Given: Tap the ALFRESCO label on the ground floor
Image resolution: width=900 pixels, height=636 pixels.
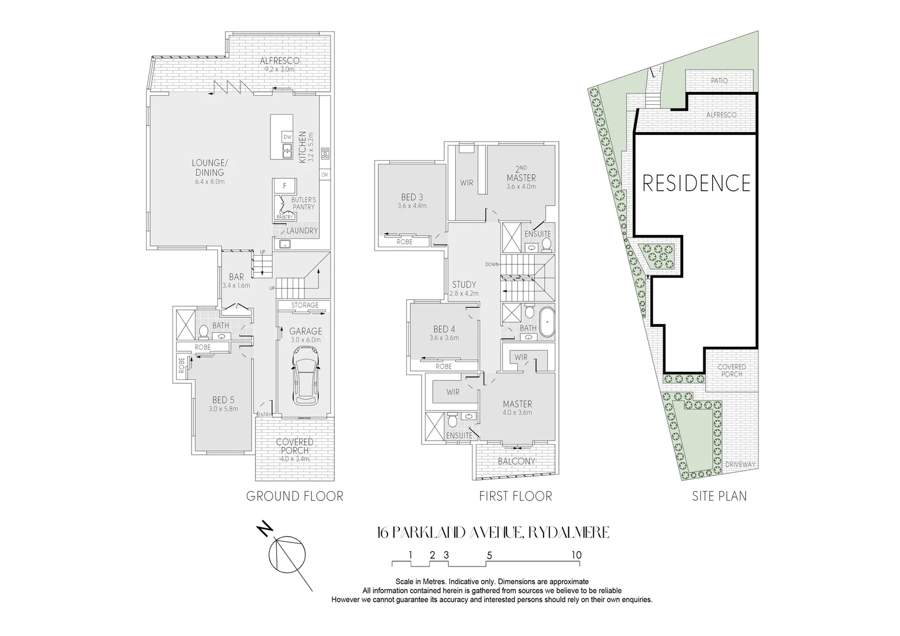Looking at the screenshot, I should pos(280,61).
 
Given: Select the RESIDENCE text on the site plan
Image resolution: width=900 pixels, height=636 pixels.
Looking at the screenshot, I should pos(696,183).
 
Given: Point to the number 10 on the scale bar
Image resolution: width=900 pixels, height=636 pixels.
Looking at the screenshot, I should pos(575,555).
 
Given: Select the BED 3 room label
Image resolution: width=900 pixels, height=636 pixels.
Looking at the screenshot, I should pos(412,197).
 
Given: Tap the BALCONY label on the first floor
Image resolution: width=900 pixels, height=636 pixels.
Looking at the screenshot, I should pos(516,461).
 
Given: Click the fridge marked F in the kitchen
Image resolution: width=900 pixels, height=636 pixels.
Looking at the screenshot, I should pos(284,186).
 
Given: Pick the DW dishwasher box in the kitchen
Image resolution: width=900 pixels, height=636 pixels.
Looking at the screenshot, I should pos(287,137).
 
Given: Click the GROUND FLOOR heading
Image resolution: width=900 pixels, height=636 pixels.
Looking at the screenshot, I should pos(295,496).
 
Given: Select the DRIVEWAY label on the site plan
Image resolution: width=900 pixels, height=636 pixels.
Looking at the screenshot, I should pos(740,465).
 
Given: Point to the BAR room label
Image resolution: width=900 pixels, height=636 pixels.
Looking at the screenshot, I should pos(236,277).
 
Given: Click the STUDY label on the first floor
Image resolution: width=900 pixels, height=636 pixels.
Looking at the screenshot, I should pos(464,284).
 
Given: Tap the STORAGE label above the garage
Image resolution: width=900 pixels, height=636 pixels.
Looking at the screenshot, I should pos(305,305).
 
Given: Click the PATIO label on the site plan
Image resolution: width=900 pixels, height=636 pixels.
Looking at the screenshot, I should pos(719,81).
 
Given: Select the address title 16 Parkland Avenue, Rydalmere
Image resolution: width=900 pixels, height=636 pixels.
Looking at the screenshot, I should pos(493,533).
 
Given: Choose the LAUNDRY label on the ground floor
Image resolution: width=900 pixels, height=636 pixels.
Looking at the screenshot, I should pos(302,231).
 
